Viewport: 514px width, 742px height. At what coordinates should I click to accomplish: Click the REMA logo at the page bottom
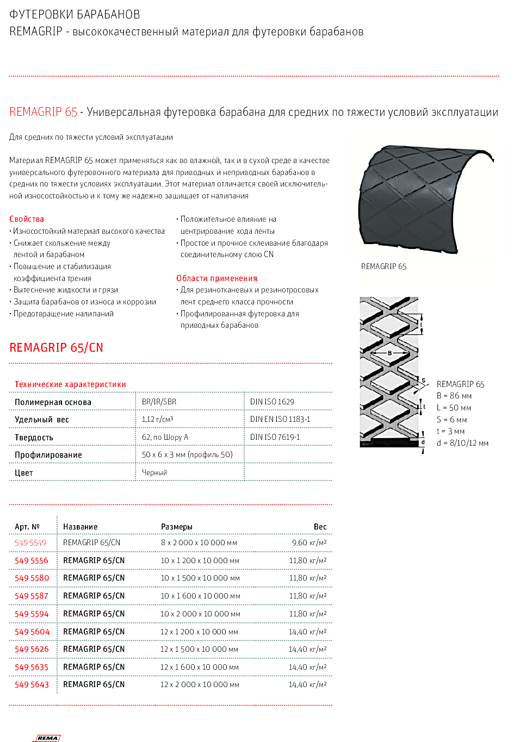[48, 738]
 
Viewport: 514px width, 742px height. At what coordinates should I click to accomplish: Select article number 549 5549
[30, 543]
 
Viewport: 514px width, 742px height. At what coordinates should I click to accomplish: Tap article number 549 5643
[32, 684]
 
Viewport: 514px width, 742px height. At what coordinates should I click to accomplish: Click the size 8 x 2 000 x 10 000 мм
[199, 543]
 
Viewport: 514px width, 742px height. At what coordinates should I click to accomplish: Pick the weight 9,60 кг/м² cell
[309, 543]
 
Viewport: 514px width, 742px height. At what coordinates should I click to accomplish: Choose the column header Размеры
[177, 527]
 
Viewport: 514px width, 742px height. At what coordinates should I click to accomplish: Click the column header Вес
[320, 527]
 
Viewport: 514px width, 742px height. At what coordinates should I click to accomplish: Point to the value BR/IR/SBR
[159, 402]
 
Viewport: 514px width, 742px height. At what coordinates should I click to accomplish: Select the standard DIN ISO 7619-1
[275, 437]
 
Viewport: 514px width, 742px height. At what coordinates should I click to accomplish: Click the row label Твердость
[34, 438]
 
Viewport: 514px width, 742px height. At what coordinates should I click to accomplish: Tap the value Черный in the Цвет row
[154, 473]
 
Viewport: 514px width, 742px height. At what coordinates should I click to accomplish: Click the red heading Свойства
[27, 219]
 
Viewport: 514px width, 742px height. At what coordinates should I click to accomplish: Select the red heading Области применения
[216, 278]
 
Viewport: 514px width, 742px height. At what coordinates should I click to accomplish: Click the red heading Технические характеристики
[70, 384]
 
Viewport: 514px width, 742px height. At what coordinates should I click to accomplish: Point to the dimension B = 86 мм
[454, 396]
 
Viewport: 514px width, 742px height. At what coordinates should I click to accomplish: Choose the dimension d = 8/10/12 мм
[462, 443]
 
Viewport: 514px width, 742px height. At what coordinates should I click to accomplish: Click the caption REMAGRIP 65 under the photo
[383, 266]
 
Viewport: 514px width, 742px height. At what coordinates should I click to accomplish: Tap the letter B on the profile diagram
[390, 353]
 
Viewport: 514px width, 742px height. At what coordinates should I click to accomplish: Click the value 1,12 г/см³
[157, 419]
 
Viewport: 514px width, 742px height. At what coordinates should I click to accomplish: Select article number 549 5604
[32, 632]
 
